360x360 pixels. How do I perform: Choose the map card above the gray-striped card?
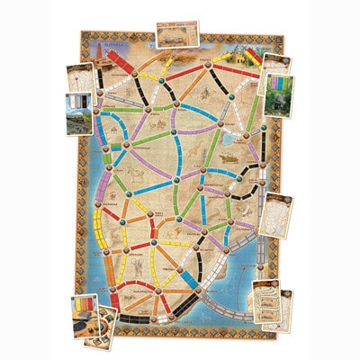click(x=82, y=82)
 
